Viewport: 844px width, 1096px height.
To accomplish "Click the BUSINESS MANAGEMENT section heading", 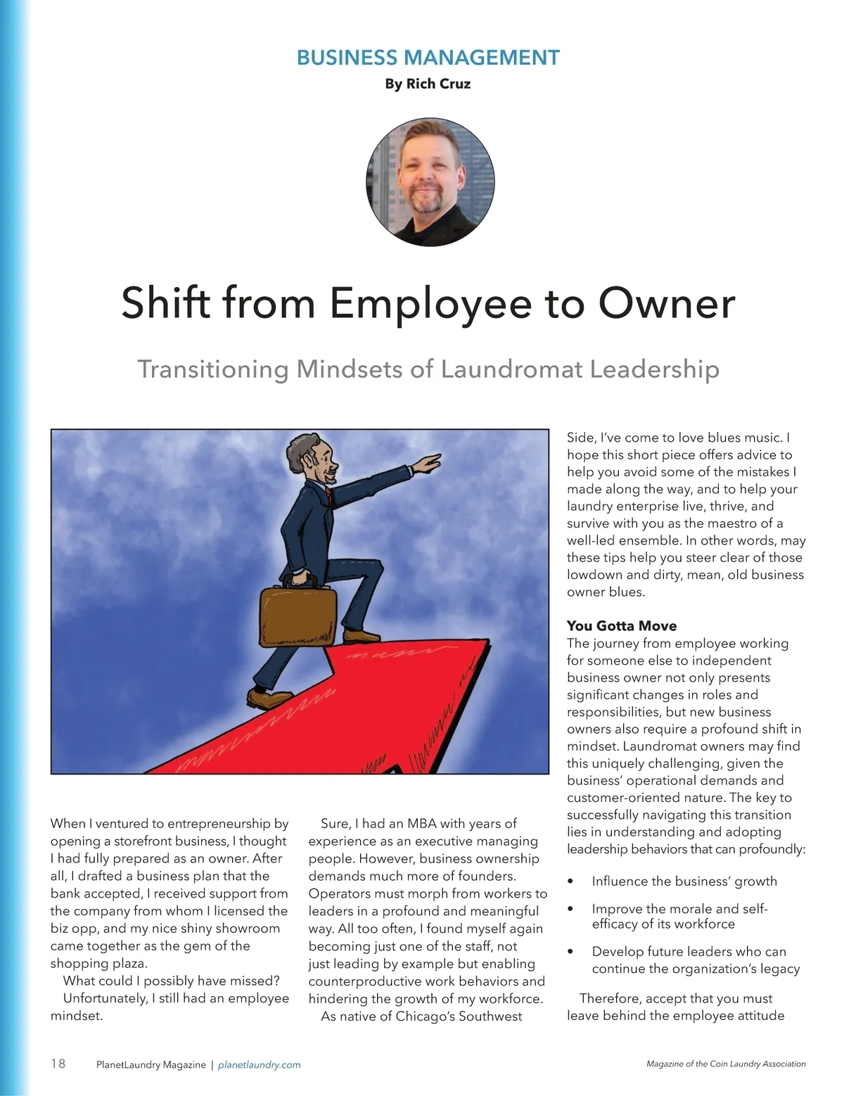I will click(x=428, y=58).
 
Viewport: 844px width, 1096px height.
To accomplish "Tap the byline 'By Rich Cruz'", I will click(x=428, y=84).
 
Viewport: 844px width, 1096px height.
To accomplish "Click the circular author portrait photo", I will click(x=430, y=181).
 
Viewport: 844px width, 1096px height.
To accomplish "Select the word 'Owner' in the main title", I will click(x=665, y=302).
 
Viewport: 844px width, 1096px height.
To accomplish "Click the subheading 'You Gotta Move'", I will click(x=622, y=626).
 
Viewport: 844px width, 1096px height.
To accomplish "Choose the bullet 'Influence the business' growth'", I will click(x=684, y=881).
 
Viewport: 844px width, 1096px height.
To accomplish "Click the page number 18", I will click(x=58, y=1064).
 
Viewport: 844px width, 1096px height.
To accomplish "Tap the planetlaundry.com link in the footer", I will click(x=260, y=1065).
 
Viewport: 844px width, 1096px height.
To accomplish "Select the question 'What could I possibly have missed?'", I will click(x=172, y=981).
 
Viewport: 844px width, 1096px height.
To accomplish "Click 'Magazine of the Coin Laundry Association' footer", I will click(x=726, y=1064).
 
